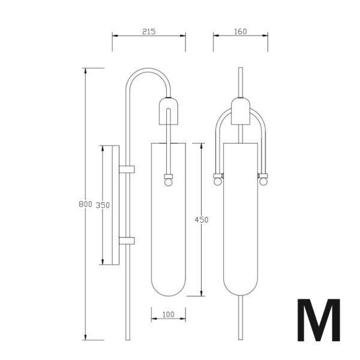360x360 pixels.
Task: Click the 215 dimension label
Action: pyautogui.click(x=149, y=31)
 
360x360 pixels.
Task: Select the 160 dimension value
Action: pyautogui.click(x=241, y=31)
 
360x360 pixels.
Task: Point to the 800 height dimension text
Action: pyautogui.click(x=85, y=204)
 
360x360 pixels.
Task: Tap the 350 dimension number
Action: pyautogui.click(x=103, y=205)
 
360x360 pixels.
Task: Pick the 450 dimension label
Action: pyautogui.click(x=202, y=220)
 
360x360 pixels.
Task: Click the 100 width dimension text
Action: pyautogui.click(x=168, y=314)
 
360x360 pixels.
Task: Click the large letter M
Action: pyautogui.click(x=319, y=320)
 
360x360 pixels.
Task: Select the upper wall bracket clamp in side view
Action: pyautogui.click(x=127, y=169)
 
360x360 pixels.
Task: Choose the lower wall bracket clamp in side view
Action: pyautogui.click(x=127, y=241)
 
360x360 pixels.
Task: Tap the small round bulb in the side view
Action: pyautogui.click(x=168, y=182)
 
